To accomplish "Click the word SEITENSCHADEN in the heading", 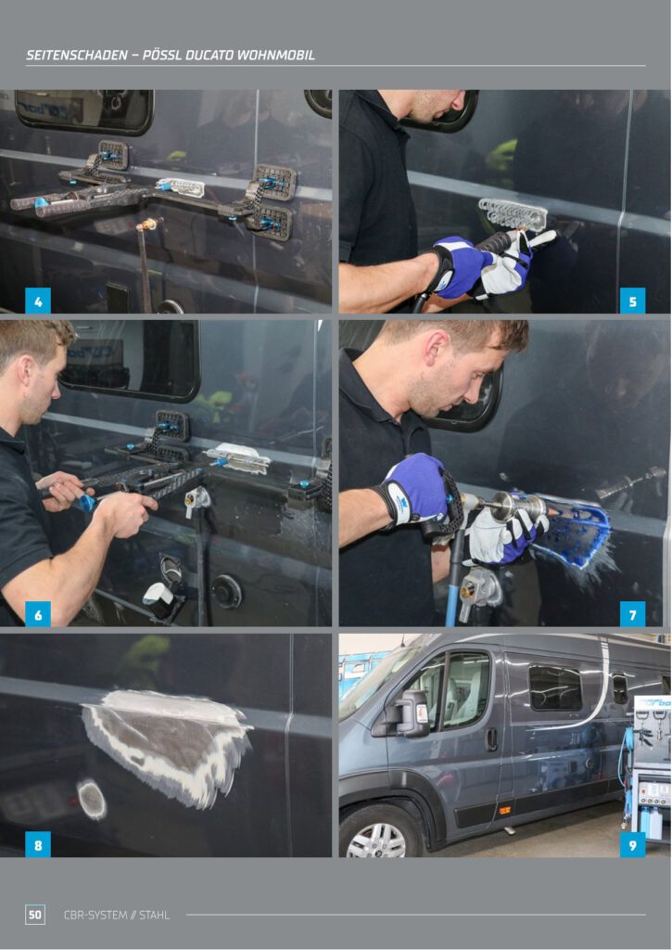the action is point(76,55).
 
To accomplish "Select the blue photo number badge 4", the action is point(37,302).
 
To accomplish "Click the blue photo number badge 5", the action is point(633,302).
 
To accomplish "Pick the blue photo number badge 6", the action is point(37,614).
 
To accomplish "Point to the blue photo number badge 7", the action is point(633,614).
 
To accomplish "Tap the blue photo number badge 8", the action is point(37,844).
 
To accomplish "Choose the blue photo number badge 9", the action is point(633,844).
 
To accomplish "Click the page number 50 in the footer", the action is point(35,914).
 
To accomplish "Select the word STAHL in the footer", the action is point(155,915).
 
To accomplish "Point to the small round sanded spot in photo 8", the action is point(92,799).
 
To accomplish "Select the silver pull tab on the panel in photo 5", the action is point(514,214).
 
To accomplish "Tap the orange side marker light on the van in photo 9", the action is point(503,809).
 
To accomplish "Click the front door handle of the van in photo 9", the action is point(492,738).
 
